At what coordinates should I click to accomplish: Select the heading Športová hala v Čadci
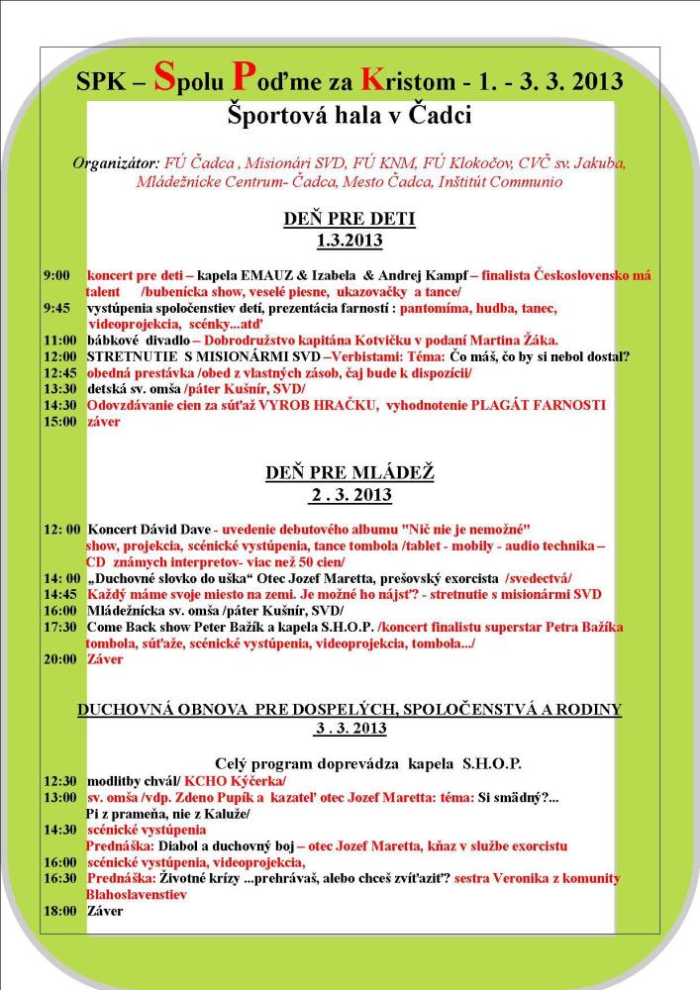349,116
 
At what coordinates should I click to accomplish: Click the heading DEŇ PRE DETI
350,219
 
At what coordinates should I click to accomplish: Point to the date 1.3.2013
350,240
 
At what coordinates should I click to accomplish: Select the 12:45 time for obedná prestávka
59,372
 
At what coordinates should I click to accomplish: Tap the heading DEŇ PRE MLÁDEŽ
350,473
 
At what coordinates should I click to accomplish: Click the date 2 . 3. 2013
350,494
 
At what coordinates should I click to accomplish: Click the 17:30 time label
59,627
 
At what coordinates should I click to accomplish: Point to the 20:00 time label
59,659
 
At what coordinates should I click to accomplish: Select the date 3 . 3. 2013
350,729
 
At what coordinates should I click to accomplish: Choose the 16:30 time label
59,878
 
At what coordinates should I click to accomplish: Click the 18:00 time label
59,911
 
